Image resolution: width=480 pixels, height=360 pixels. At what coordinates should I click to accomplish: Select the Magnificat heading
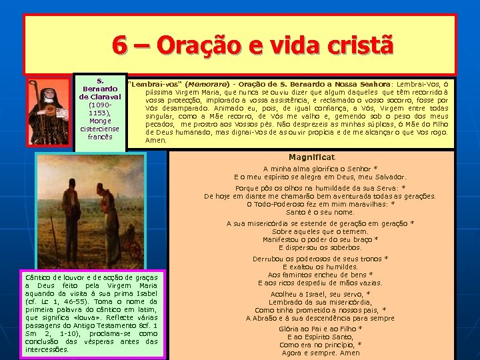pyautogui.click(x=311, y=157)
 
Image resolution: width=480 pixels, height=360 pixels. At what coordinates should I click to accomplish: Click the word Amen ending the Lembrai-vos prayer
pyautogui.click(x=156, y=140)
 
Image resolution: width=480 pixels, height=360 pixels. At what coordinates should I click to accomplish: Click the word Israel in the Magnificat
pyautogui.click(x=309, y=294)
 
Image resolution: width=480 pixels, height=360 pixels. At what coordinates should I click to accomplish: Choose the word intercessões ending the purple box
pyautogui.click(x=46, y=349)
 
